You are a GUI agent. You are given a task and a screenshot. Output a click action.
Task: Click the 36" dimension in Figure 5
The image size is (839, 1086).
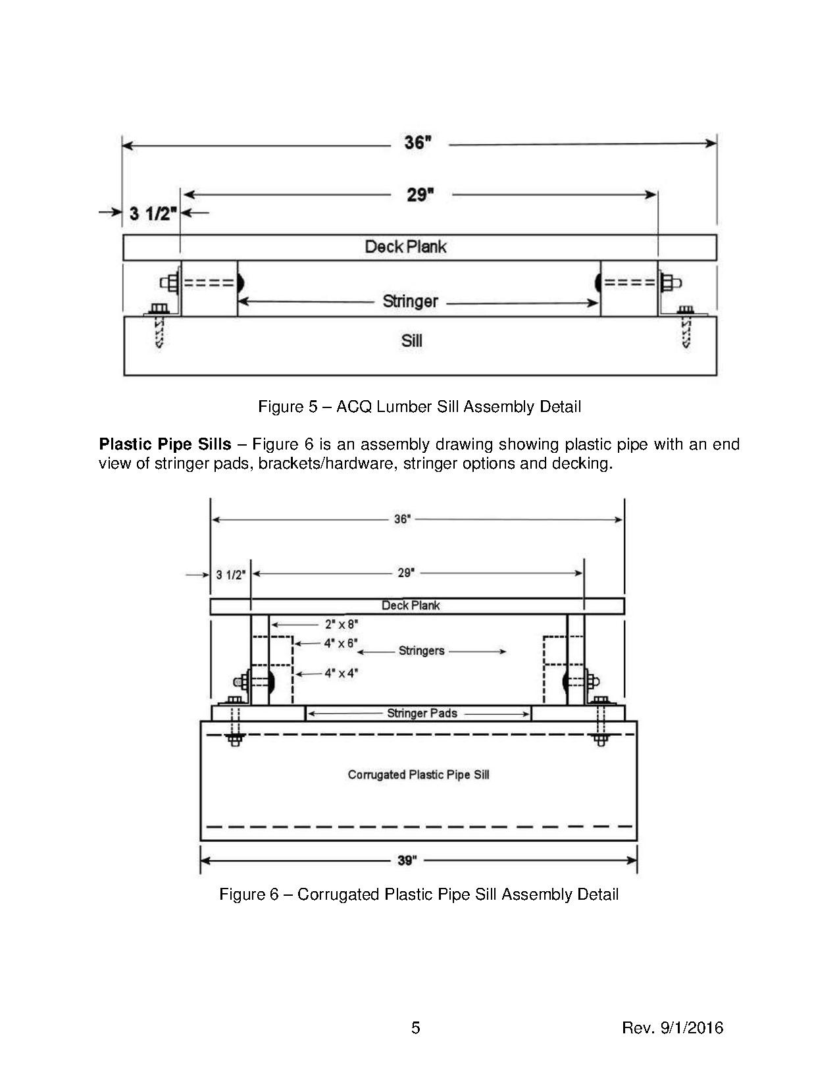pos(418,143)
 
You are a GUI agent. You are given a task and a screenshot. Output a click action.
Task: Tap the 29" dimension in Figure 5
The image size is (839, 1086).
pos(420,195)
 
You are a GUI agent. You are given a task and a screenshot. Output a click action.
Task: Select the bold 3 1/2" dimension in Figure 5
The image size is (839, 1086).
pos(153,213)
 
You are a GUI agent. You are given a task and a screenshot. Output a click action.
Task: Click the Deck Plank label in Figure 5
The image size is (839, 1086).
pos(405,247)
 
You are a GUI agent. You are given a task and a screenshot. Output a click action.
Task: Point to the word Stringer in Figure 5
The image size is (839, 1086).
pos(410,301)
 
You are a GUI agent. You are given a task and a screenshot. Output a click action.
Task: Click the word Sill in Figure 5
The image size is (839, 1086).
pos(412,340)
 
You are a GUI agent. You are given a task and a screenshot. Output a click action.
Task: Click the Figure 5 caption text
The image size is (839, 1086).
pos(419,407)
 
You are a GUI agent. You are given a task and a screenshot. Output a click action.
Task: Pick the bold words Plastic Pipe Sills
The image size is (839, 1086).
pos(165,444)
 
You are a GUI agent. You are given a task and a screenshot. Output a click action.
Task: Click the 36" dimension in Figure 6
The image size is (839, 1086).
pos(403,519)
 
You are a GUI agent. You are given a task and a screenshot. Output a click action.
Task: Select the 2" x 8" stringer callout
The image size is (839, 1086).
pos(342,624)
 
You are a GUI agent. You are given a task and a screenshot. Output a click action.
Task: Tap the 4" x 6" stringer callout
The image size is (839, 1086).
pos(341,643)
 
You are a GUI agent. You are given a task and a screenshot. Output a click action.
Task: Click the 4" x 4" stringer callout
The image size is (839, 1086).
pos(341,673)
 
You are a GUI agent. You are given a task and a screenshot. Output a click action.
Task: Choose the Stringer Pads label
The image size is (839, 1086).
pos(422,713)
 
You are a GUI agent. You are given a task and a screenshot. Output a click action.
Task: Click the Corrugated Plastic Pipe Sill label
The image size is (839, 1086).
pos(419,775)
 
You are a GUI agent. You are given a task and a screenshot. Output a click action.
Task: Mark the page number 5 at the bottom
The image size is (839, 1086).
pos(415,1027)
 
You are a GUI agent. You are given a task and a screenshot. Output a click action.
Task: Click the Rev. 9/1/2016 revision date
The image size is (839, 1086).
pos(673,1027)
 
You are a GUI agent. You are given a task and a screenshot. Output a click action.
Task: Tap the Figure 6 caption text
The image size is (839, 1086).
pos(419,894)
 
